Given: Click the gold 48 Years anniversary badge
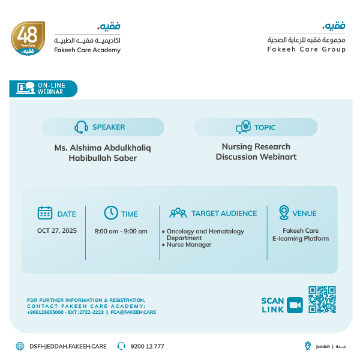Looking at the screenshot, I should coord(28,39).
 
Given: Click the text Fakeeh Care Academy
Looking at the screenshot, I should coord(88,50).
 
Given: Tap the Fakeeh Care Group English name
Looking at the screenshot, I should coord(306,49).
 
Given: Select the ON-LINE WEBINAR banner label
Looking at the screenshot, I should coord(51,89).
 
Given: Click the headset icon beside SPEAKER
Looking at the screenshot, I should coord(81,127).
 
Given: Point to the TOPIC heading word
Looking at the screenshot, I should coord(265,127).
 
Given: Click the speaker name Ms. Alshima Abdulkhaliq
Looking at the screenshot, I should coord(103,148).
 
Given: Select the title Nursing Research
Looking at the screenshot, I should coord(256,146).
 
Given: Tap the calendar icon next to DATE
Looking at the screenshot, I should coord(45,213).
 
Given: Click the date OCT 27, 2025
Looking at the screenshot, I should coord(57,230).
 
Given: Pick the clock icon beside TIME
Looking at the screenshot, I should coord(111,213).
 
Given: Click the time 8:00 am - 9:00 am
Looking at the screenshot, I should coord(121,231).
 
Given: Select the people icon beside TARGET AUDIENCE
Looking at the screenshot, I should coord(178,213).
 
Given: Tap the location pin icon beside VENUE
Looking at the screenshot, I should coord(284,213).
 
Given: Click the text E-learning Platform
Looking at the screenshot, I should coord(300,239).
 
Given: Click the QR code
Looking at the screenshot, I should coord(322,300).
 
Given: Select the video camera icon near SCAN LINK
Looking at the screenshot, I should coord(295,305).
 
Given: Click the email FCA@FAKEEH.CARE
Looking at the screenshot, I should coord(133,312).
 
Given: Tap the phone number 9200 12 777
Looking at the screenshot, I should coord(147,346).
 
